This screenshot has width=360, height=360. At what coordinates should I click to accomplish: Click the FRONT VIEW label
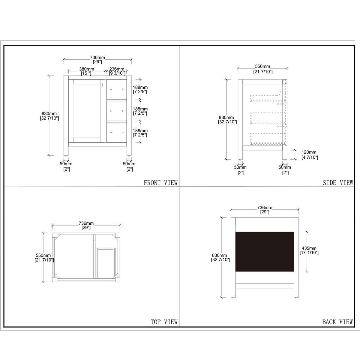[160, 183]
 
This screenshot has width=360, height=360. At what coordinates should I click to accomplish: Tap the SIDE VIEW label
[338, 183]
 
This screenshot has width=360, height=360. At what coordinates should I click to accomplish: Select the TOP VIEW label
[164, 322]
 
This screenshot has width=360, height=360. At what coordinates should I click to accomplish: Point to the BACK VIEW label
[337, 322]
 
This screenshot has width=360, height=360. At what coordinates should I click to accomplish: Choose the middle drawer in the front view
[117, 111]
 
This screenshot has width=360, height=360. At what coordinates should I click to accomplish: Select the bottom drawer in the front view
[117, 132]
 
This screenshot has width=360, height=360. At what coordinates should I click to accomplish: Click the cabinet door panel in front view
[87, 110]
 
